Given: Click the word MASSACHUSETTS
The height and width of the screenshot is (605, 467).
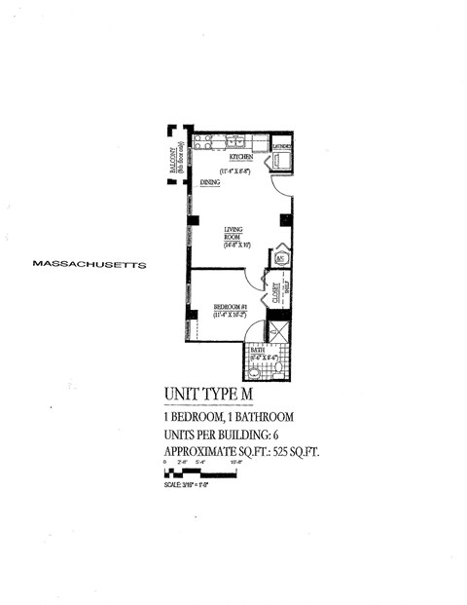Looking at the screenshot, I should pos(88,263).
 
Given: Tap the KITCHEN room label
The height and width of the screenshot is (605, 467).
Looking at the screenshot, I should pos(241,157).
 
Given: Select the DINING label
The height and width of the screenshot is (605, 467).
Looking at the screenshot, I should pos(210,182).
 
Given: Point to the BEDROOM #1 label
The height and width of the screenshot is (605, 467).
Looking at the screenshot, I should pos(231,307).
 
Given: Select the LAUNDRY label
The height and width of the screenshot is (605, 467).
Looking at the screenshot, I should pos(283,146).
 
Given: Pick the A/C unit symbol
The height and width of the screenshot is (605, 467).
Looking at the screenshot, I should pos(279,258).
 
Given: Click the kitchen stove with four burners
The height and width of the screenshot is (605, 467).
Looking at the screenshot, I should pos(201,140).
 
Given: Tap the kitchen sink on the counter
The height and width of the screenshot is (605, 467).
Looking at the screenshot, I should pos(234,141).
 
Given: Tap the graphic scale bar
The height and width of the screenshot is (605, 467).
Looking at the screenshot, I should pos(199,474).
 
